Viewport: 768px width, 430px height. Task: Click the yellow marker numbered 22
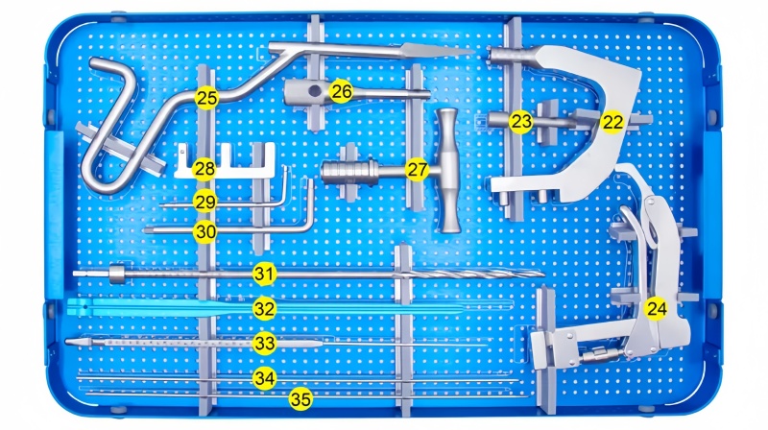612,122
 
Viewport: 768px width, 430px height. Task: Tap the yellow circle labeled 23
520,121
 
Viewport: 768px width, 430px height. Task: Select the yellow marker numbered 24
657,309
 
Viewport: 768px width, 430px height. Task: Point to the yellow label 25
206,98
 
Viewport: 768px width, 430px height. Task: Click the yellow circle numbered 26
341,91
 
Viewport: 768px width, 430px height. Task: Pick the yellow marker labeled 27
418,170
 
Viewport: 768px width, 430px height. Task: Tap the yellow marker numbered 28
204,169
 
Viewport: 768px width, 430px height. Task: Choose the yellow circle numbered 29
204,202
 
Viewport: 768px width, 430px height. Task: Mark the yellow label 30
204,231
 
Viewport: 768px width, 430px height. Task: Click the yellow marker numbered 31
265,275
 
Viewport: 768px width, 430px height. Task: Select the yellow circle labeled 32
265,309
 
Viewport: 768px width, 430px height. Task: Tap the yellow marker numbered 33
265,344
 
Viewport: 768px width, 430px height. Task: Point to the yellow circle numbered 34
265,378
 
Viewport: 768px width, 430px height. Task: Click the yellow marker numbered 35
300,399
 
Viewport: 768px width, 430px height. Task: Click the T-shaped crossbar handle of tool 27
448,170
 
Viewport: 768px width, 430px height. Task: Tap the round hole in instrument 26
315,90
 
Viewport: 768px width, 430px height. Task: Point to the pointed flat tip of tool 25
436,50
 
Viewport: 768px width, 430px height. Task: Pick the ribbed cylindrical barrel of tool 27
350,173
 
